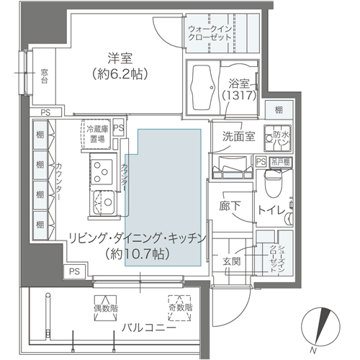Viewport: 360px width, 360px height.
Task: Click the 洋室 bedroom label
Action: tap(118, 57)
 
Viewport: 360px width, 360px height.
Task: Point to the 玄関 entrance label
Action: tap(231, 261)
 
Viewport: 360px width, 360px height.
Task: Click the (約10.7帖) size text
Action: tap(136, 253)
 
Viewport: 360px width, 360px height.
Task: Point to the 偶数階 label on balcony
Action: tap(107, 308)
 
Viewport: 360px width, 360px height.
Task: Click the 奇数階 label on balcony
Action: tap(181, 308)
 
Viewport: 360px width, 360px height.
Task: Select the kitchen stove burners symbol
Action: tap(100, 171)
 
